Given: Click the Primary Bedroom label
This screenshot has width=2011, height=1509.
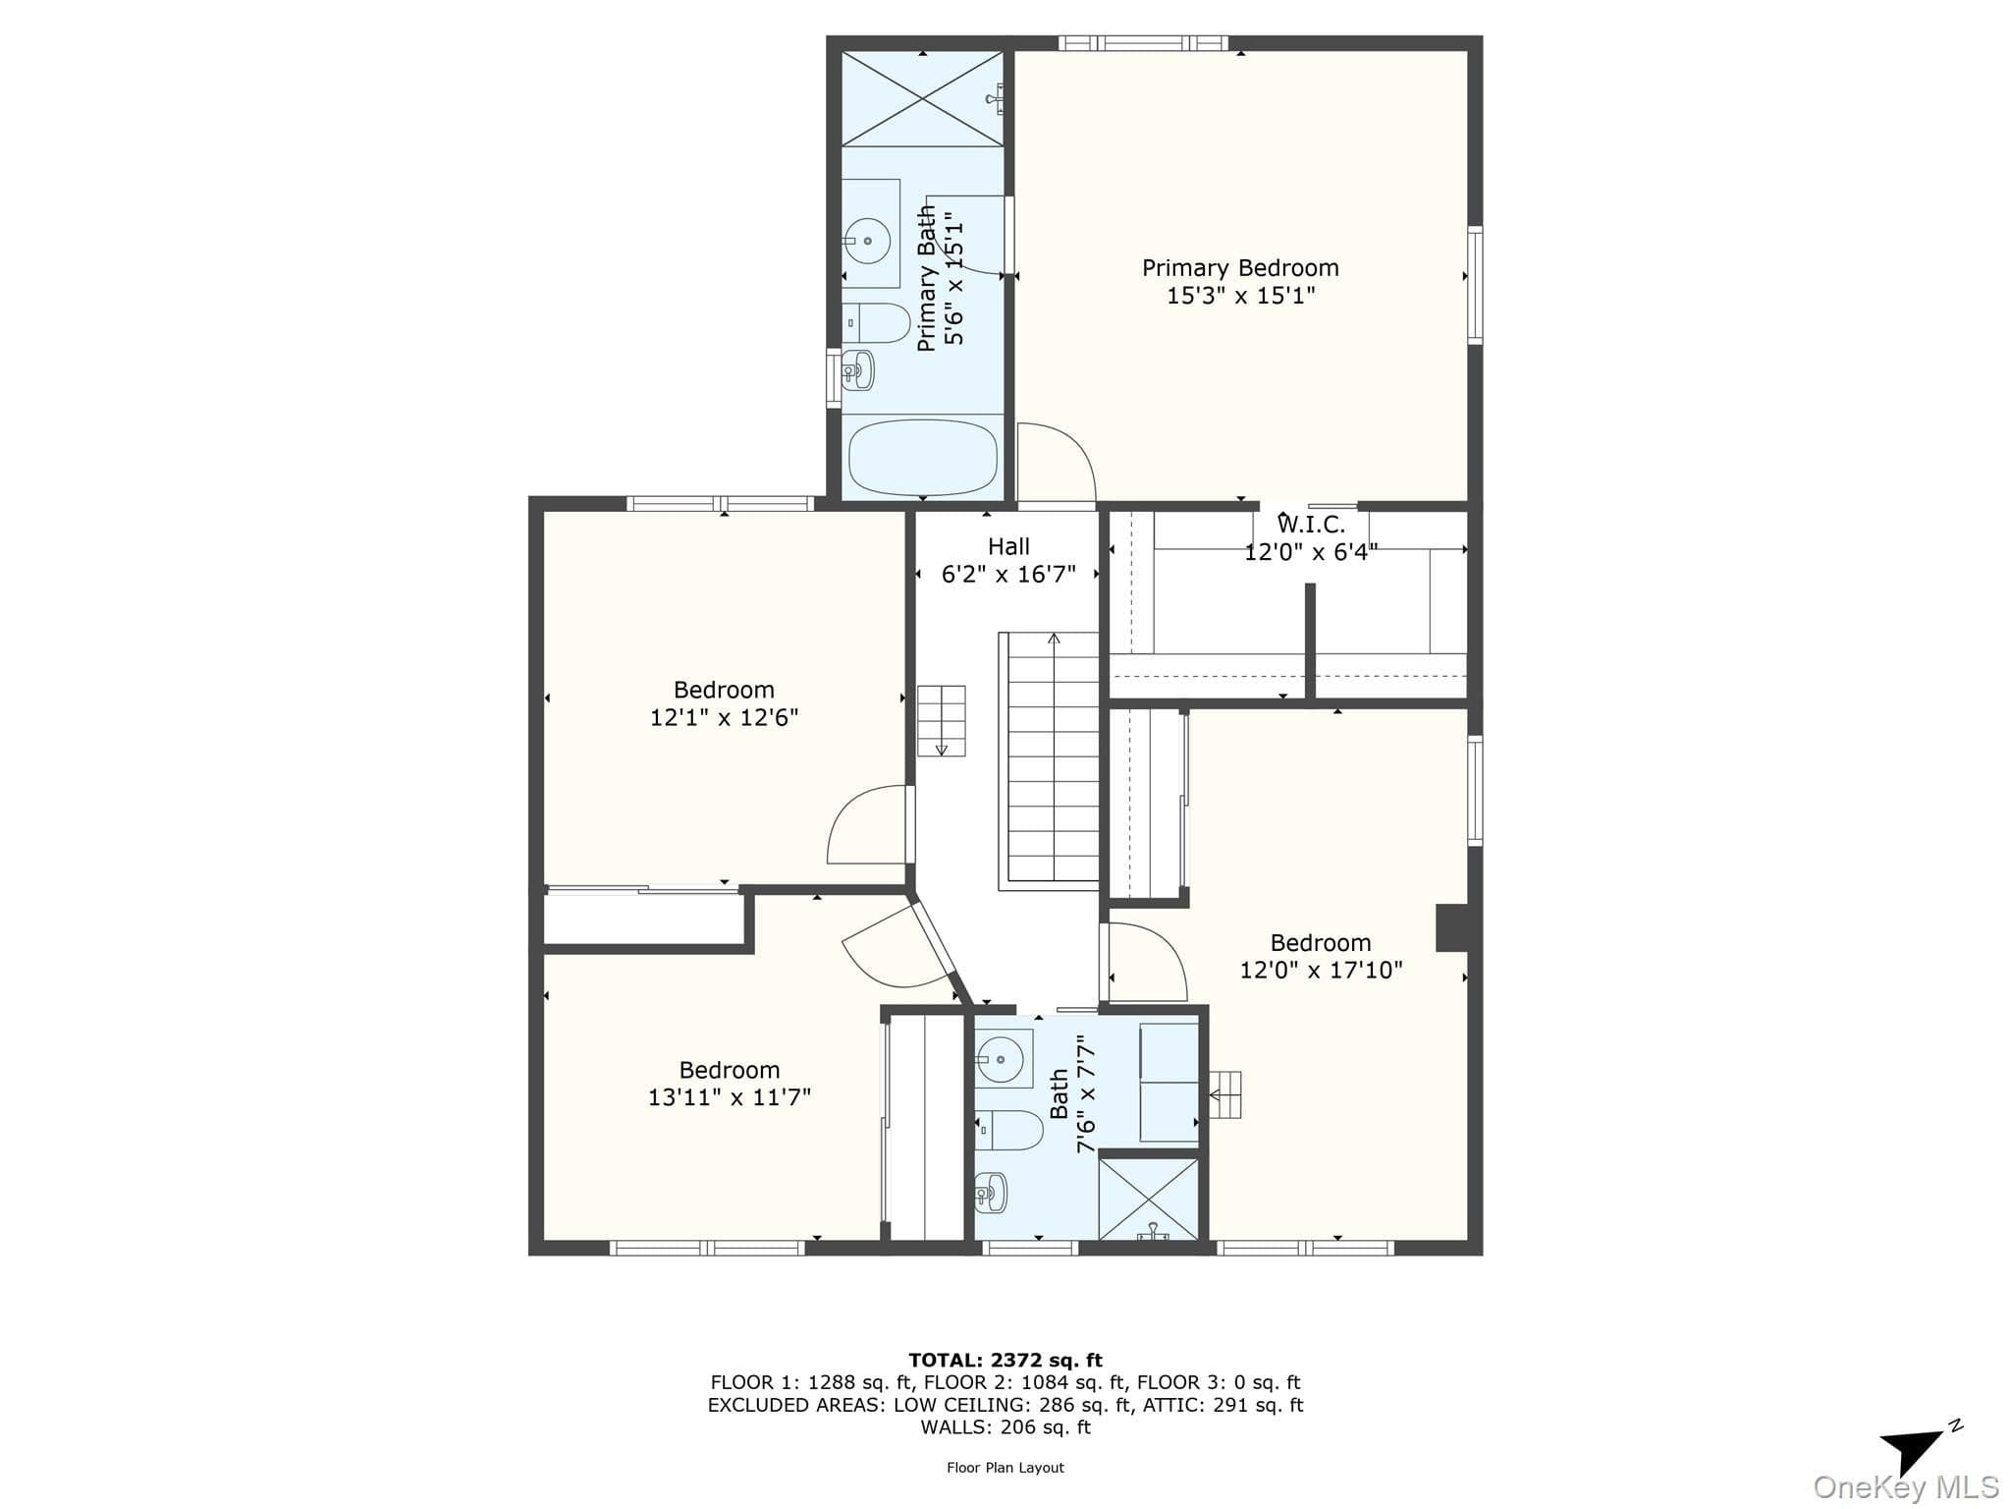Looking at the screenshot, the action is (x=1240, y=268).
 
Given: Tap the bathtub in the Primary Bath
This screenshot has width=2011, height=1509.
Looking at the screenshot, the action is (x=923, y=458).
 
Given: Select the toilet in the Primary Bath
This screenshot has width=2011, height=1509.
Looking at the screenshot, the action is (x=877, y=323).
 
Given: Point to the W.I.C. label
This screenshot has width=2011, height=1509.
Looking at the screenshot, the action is (x=1311, y=525).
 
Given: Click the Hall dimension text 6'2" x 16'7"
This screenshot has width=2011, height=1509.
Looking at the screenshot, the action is (x=1008, y=574).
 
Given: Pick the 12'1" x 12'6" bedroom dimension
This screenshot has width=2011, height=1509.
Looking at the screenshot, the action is (x=724, y=717).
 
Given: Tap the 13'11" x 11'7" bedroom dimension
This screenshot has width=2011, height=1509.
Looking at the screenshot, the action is (x=730, y=1096).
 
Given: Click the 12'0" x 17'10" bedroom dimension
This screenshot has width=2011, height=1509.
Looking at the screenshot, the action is (x=1321, y=970).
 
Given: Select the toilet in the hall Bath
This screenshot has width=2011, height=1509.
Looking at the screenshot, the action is (x=1008, y=1130).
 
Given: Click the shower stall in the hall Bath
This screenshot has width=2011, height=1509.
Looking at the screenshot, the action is (x=1148, y=1199).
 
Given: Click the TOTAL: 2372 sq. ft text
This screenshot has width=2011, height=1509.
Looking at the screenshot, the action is (x=1005, y=1360).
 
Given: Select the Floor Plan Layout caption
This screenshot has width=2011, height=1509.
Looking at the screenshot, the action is (x=1005, y=1468).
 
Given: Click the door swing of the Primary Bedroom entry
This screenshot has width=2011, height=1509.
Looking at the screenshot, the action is (x=1056, y=463).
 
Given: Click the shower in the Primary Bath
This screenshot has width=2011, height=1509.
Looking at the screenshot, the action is (x=923, y=97).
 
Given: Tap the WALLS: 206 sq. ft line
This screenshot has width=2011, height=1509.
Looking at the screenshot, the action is (x=1005, y=1427).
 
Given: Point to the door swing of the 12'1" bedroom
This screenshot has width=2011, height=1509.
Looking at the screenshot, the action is (x=867, y=824).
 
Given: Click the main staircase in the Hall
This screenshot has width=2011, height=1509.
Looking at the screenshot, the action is (x=1049, y=761).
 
